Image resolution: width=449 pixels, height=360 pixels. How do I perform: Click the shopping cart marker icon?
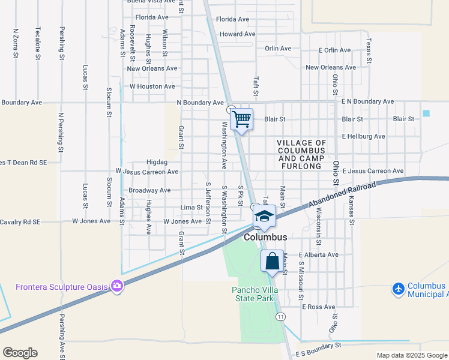click(241, 119)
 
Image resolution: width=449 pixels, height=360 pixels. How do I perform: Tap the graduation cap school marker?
click(264, 216)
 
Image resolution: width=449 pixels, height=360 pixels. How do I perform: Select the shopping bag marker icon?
click(272, 262)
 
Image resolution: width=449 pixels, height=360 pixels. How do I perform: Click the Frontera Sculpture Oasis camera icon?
click(117, 286)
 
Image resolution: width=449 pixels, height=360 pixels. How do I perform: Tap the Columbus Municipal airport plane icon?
click(398, 289)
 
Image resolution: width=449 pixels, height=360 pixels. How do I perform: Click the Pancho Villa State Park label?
click(253, 294)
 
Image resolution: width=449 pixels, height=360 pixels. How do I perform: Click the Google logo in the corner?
click(20, 353)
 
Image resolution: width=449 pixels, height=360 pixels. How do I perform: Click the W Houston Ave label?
click(152, 86)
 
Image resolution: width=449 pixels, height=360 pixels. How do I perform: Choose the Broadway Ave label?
click(149, 190)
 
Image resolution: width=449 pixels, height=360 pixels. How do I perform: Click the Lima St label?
click(191, 208)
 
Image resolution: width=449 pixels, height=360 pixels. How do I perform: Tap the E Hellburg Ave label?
click(364, 136)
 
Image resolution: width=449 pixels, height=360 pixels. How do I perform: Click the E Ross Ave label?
click(319, 307)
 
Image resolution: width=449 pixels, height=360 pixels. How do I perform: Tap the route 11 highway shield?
click(280, 316)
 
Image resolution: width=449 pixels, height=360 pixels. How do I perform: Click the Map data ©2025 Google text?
click(412, 355)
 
